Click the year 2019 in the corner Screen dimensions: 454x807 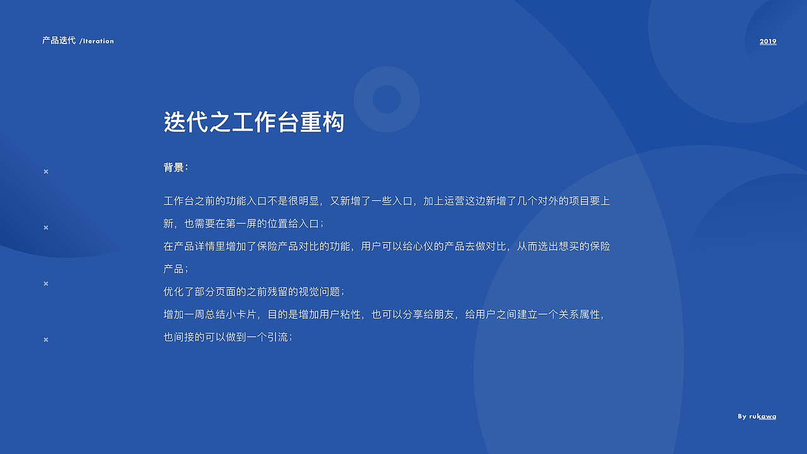coord(768,42)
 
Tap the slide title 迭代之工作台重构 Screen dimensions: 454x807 coord(254,122)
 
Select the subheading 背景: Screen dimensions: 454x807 coord(176,168)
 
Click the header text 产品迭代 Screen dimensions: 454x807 coord(59,40)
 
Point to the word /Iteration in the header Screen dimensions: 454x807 coord(97,41)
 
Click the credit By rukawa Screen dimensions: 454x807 coord(757,416)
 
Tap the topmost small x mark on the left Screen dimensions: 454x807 coord(45,172)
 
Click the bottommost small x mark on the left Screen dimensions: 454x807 coord(45,340)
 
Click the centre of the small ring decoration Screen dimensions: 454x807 coord(386,99)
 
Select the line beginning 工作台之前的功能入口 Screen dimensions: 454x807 coord(386,201)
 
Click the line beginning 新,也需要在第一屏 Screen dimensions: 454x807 coord(243,224)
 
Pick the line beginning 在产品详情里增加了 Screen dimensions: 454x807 coord(386,247)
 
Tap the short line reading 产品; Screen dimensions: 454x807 coord(176,269)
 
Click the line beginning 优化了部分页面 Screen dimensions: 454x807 coord(254,292)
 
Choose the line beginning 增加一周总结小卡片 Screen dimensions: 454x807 coord(385,315)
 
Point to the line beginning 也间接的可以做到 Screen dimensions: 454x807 coord(228,337)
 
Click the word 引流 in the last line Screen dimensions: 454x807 coord(277,337)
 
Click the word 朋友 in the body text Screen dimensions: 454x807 coord(444,315)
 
